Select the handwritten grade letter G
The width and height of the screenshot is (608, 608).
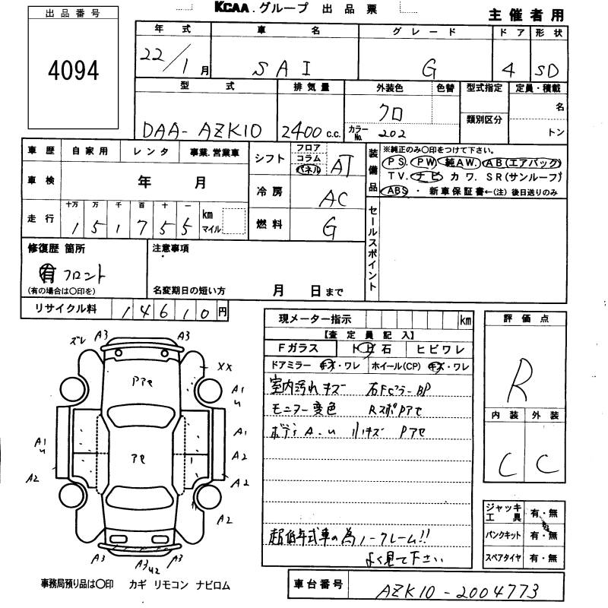coord(429,68)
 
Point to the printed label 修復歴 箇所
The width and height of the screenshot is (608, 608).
coord(57,249)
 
